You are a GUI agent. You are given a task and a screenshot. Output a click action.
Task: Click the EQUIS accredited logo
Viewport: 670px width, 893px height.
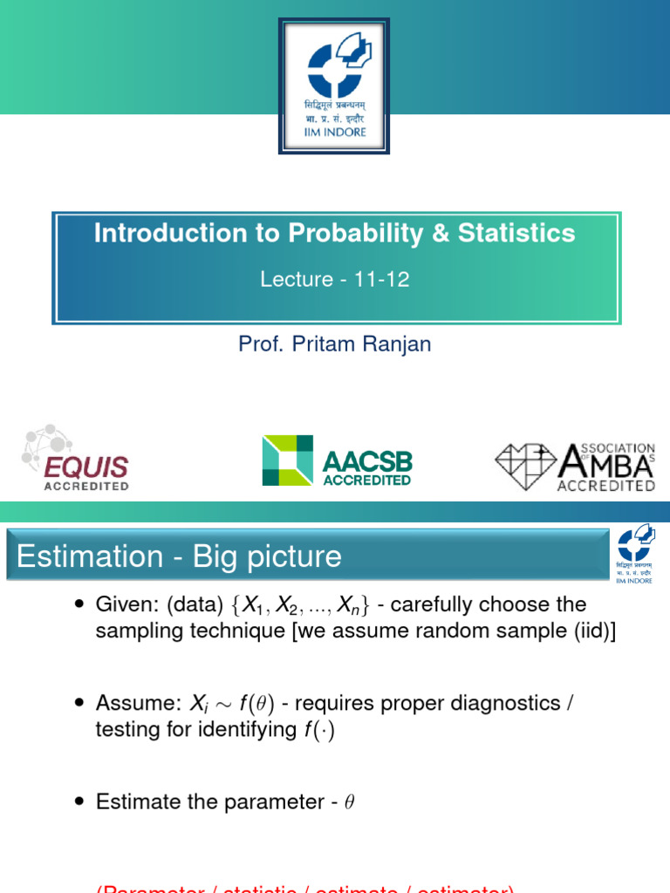tap(76, 459)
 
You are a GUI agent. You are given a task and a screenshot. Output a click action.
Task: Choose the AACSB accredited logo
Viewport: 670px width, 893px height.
tap(337, 460)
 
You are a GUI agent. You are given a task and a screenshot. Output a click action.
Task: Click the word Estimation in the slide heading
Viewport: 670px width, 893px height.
tap(90, 556)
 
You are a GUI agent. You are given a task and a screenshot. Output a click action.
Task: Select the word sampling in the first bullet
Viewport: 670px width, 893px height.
tap(133, 632)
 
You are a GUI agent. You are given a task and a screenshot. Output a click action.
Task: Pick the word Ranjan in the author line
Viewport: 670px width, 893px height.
tap(397, 344)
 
